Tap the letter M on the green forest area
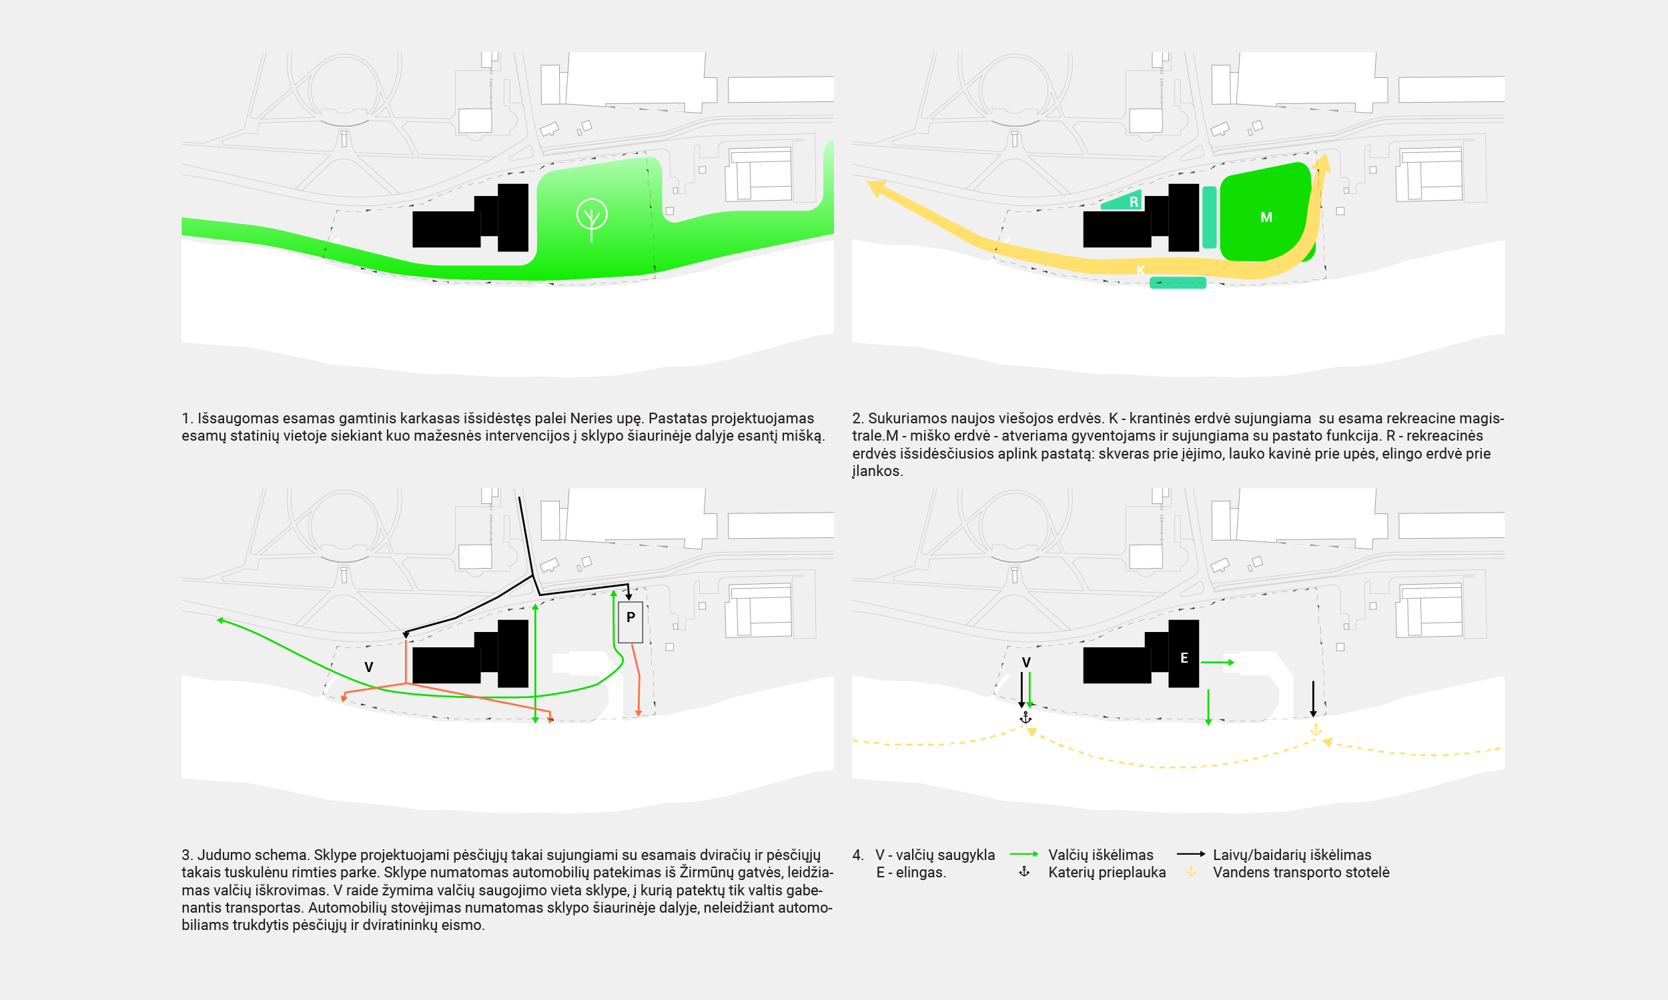1266,217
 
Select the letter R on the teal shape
1134,202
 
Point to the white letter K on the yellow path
1140,270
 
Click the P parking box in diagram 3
631,621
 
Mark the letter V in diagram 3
369,667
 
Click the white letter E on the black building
1184,659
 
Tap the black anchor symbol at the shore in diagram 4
1025,718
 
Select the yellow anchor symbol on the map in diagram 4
1316,730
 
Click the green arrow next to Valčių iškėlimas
1023,855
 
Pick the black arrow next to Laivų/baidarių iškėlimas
1191,855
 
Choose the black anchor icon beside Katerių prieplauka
1024,872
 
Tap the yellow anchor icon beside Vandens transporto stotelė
1192,872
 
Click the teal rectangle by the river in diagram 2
1178,283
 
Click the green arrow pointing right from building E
1217,663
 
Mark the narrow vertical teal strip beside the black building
1210,217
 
